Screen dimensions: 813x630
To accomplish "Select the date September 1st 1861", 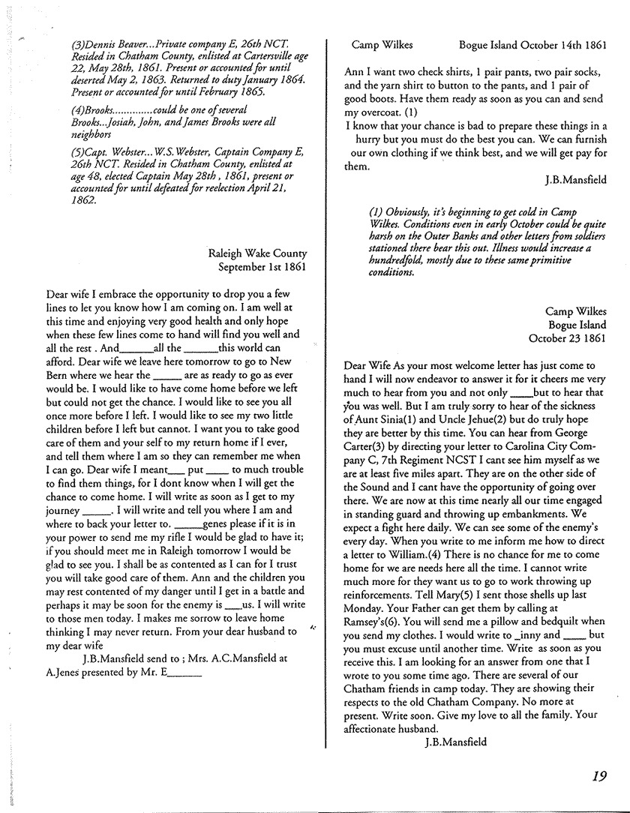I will (x=262, y=265).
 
